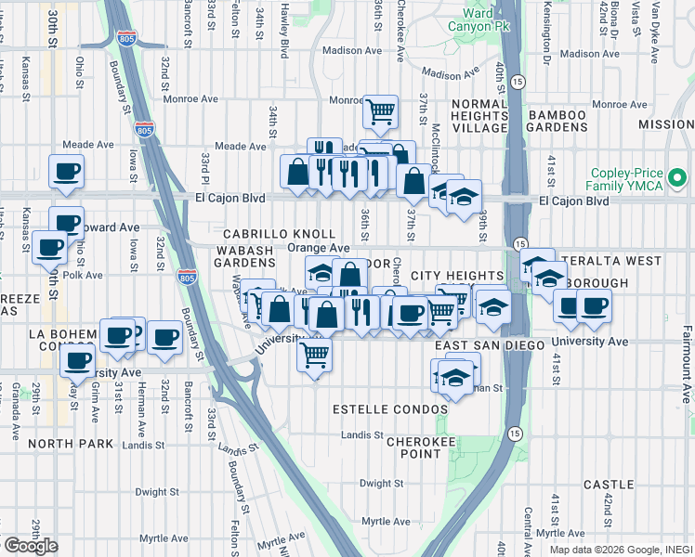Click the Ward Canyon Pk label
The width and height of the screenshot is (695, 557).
point(478,20)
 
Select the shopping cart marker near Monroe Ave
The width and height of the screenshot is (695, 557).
point(381,112)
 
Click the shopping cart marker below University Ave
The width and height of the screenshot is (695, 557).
point(315,353)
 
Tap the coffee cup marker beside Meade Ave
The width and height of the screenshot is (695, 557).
point(66,171)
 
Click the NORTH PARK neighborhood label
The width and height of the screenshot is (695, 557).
point(63,444)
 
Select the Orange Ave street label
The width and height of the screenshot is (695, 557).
point(318,248)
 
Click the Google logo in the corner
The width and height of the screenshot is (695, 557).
point(30,546)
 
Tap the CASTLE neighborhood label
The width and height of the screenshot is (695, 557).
point(609,485)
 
